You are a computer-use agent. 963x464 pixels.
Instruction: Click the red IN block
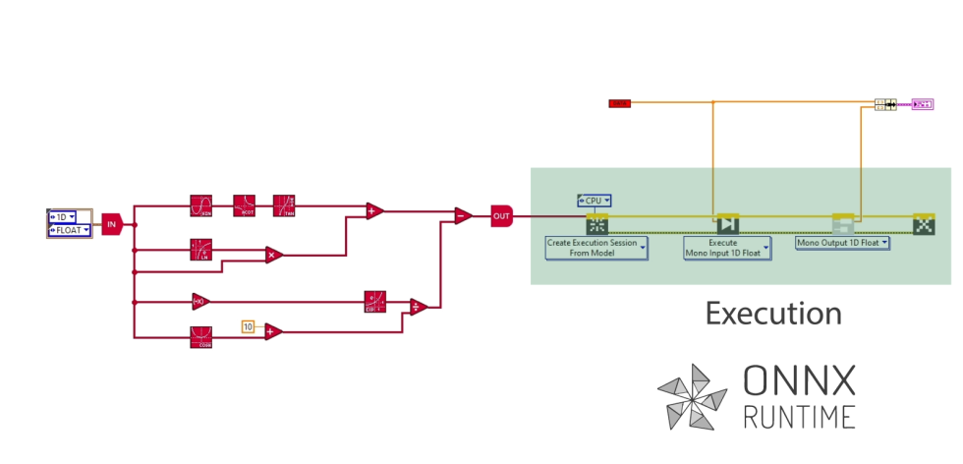(110, 223)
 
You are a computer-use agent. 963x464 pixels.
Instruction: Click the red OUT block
(501, 216)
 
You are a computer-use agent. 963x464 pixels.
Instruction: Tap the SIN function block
(201, 205)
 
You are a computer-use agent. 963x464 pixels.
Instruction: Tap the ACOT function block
(245, 205)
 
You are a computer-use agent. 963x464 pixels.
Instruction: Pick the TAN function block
(285, 205)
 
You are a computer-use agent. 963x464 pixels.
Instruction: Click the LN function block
(201, 249)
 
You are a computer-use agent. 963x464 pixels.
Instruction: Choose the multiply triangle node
(274, 255)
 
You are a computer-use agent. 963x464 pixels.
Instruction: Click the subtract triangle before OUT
(462, 216)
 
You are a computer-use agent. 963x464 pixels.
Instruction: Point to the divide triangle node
(417, 307)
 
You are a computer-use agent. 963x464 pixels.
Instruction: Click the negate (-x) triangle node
(200, 302)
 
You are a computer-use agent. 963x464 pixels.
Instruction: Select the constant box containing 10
(248, 326)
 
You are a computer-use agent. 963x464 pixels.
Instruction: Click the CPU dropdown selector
(595, 201)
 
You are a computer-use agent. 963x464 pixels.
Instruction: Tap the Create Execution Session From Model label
(596, 248)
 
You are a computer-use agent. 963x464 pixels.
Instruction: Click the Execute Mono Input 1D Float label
(727, 248)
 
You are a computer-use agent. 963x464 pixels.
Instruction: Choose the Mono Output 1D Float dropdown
(842, 242)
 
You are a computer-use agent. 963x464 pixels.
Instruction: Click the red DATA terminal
(619, 102)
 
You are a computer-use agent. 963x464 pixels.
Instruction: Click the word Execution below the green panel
(774, 314)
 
